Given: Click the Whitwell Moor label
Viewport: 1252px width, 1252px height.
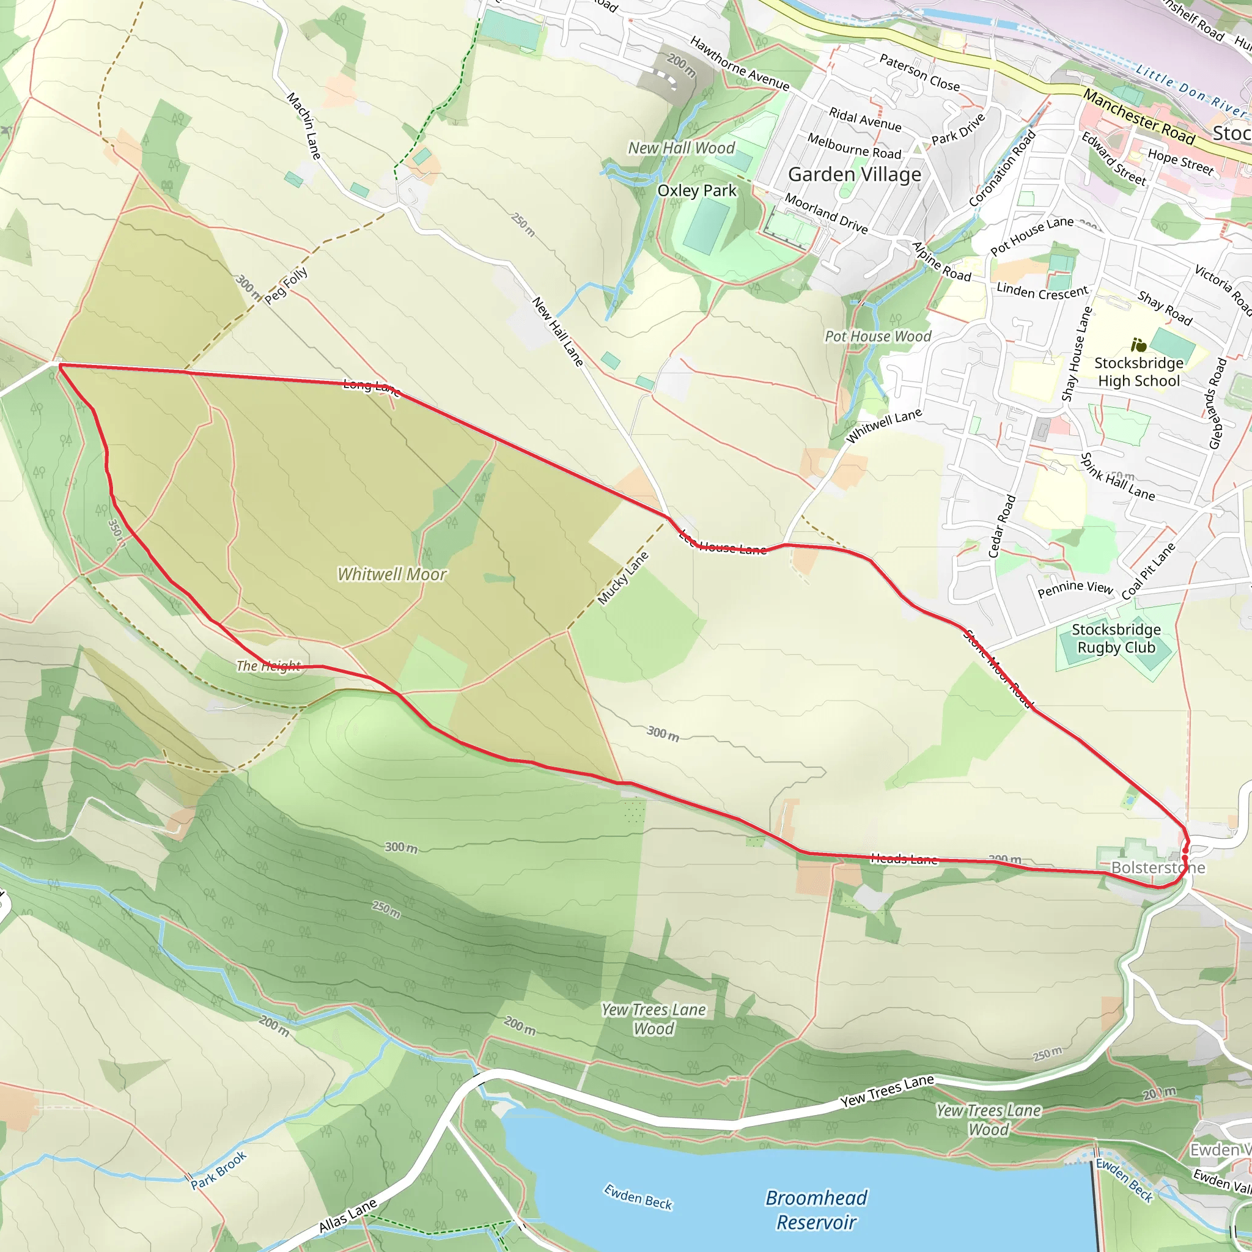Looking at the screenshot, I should (392, 574).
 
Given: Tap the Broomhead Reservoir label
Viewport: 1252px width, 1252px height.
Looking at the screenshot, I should (816, 1210).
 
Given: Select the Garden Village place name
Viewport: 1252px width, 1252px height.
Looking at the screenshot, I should (854, 174).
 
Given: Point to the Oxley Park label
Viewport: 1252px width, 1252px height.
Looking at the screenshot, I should (697, 191).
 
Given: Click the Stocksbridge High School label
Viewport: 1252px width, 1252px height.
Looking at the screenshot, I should (1138, 372).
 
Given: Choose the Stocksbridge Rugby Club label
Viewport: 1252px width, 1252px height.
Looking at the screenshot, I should (1116, 638).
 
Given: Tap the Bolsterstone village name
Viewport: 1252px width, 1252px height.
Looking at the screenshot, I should (1158, 867).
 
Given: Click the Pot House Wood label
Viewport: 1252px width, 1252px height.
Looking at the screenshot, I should (877, 336).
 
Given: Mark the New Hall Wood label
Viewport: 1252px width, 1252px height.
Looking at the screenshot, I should (681, 149).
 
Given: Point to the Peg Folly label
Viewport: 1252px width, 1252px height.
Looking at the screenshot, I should (285, 284).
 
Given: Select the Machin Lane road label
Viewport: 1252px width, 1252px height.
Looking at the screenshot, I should (304, 126).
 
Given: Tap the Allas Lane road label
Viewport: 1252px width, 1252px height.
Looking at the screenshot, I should (348, 1216).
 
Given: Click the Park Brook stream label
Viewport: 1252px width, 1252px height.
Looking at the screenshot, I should (218, 1170).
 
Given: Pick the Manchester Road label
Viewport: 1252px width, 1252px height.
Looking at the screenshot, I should (1138, 117).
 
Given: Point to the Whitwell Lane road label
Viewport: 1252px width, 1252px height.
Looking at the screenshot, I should (884, 425).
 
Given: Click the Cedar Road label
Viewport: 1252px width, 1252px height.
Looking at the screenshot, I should (1002, 526).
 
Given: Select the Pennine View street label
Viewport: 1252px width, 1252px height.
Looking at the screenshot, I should (1075, 589).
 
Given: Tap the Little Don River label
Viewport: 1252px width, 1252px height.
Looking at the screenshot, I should (1190, 90).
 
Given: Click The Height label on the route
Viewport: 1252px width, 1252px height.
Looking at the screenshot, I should (268, 666).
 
